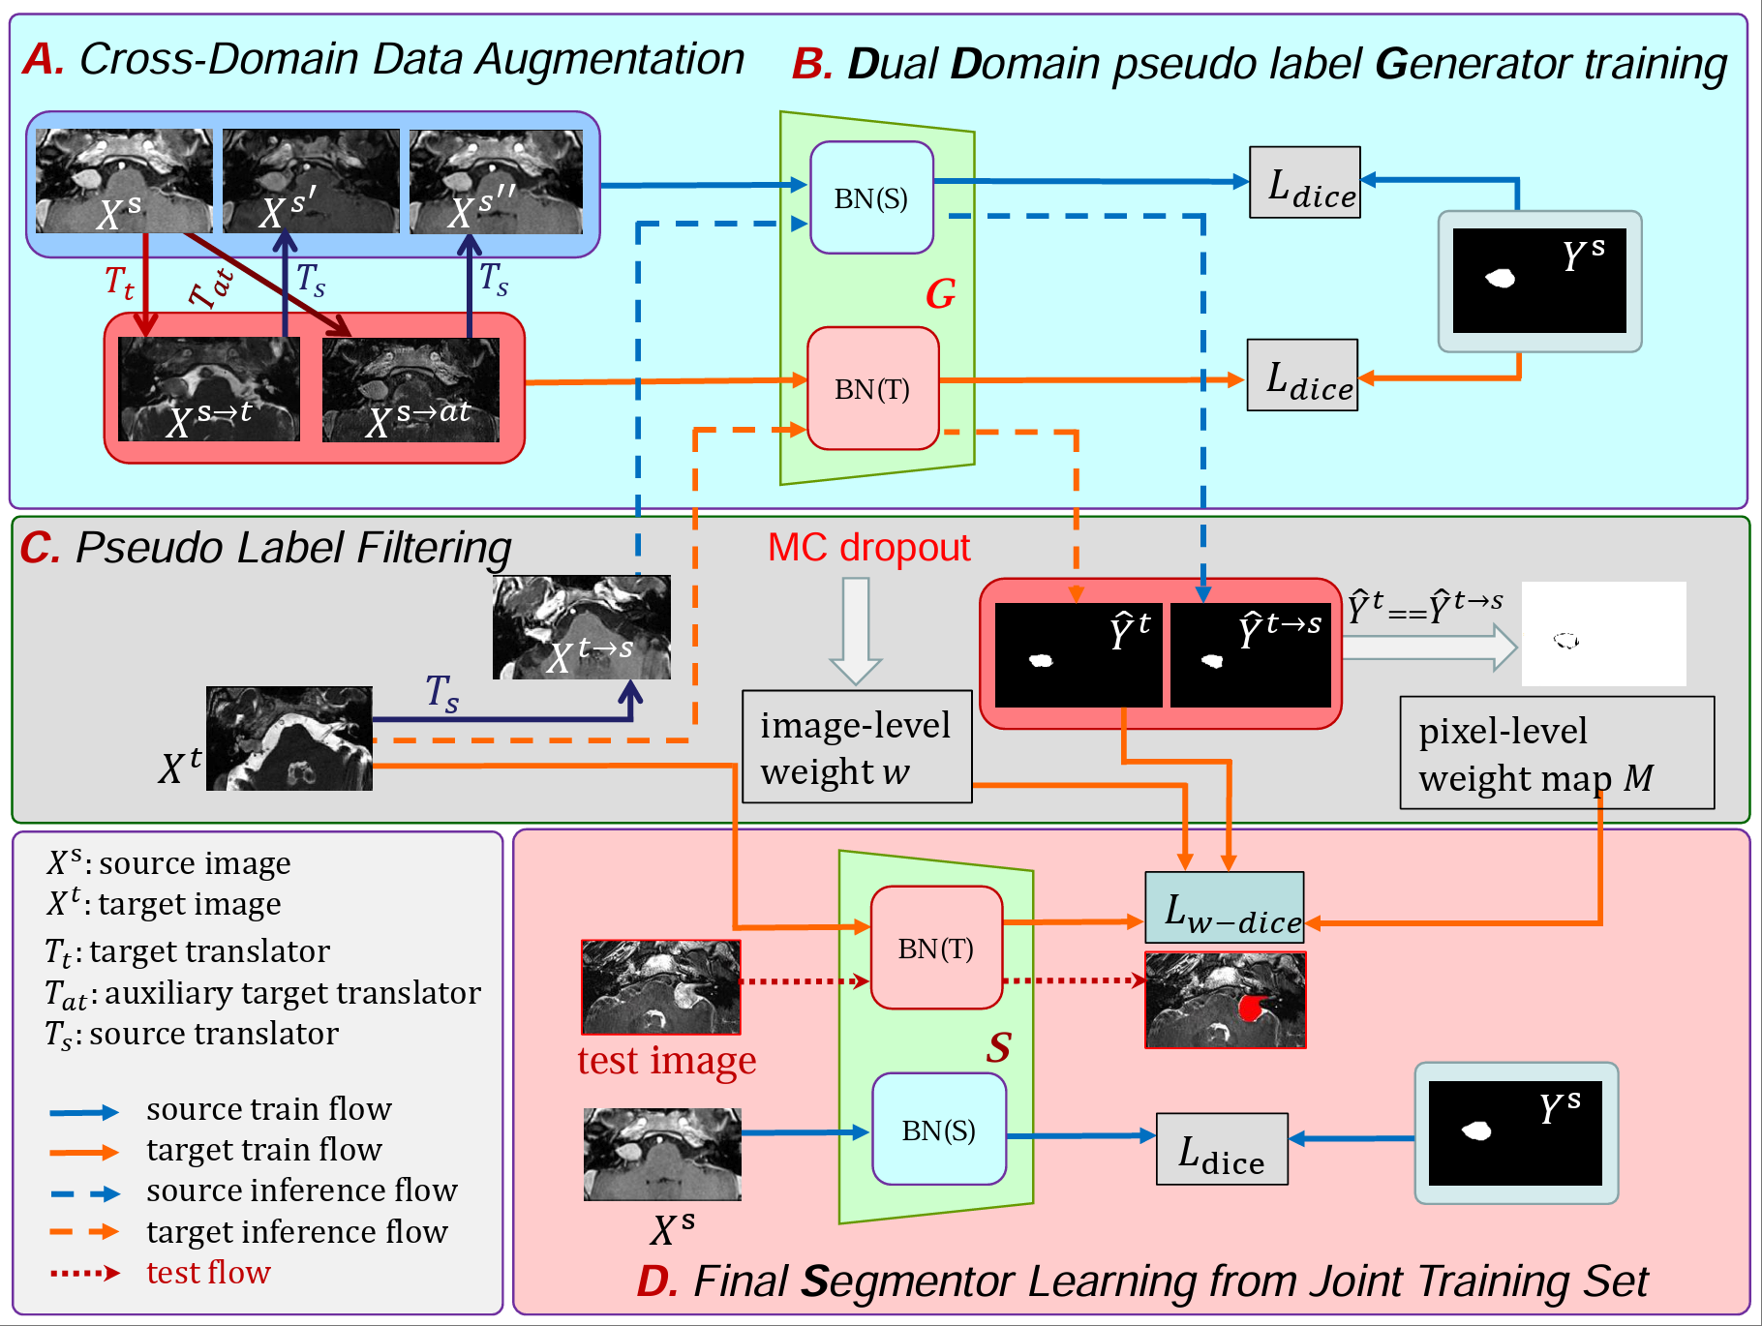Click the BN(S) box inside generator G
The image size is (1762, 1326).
point(871,198)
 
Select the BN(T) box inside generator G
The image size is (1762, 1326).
point(872,389)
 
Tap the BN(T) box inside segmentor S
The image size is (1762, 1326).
point(935,949)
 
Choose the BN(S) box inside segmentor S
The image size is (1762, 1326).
point(938,1130)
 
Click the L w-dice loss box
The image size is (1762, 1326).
point(1225,908)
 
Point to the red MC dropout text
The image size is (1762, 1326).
point(868,548)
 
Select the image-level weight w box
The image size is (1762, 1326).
point(856,747)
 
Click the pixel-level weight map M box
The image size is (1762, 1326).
point(1556,753)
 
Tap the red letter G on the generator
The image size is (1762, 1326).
point(940,294)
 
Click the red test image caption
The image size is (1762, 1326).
point(666,1061)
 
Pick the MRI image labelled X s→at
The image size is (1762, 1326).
point(410,390)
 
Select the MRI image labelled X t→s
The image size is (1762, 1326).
point(581,627)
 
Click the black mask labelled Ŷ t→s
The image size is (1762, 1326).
point(1251,655)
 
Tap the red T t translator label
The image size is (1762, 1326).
point(119,282)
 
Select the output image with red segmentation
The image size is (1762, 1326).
point(1225,1000)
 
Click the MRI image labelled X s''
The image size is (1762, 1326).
point(496,182)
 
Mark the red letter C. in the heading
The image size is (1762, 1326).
point(42,549)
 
